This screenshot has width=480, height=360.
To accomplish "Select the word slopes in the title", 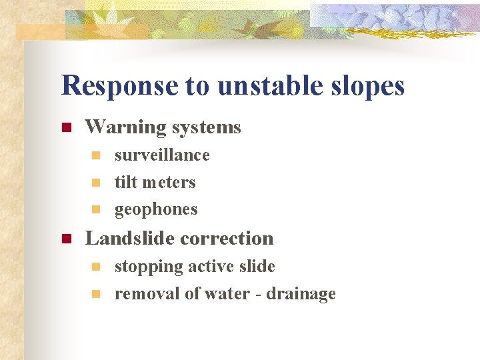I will tap(366, 86).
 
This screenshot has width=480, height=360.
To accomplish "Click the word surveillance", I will tap(162, 155).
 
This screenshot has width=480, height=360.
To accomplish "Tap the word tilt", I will tap(125, 182).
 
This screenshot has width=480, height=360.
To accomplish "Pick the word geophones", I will tap(156, 210).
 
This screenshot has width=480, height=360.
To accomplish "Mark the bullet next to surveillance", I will tap(95, 156).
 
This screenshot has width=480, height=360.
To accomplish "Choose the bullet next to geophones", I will tap(95, 210).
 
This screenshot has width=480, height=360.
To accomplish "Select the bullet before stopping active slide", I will tap(95, 267).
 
